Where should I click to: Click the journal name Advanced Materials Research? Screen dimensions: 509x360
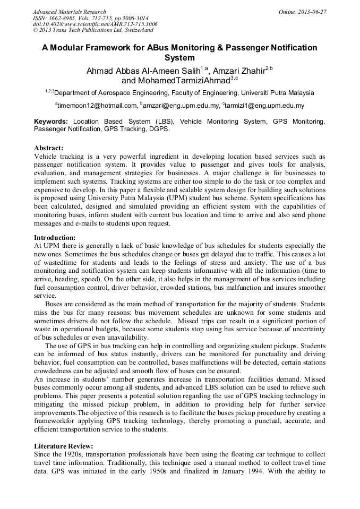pos(69,12)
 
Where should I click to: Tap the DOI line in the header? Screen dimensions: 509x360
pos(95,24)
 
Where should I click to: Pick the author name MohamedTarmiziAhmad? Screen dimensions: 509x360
pos(177,81)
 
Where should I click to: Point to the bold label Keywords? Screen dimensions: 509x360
pos(51,122)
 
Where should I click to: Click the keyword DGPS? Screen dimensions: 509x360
pos(160,129)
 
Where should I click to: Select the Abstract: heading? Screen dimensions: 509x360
pos(49,148)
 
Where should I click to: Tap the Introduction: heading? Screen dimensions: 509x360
pos(55,237)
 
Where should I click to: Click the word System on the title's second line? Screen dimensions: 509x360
pos(179,58)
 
